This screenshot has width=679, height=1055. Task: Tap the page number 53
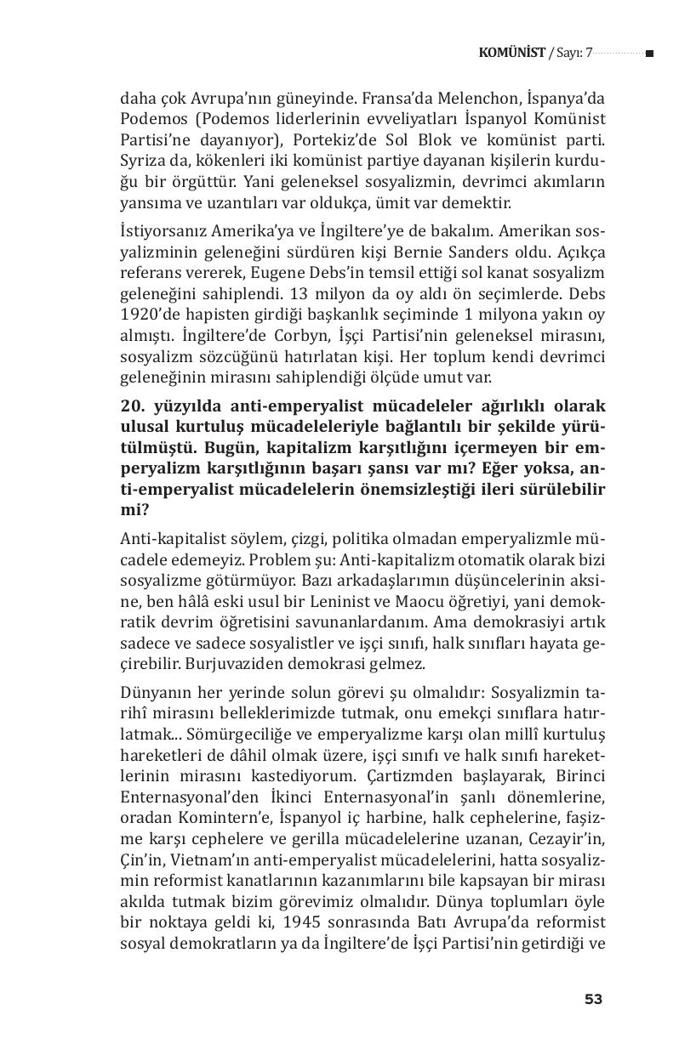pyautogui.click(x=593, y=1000)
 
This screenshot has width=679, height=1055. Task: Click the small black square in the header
pyautogui.click(x=649, y=54)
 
